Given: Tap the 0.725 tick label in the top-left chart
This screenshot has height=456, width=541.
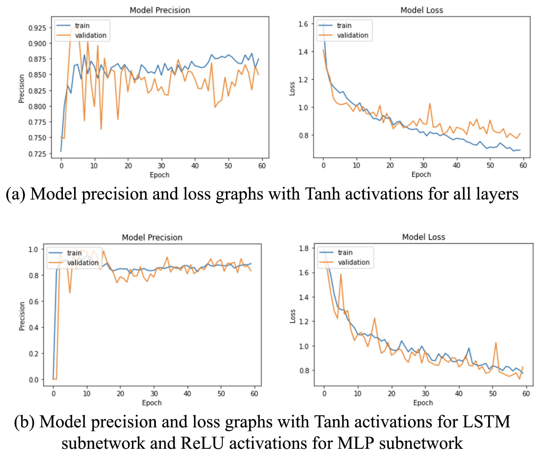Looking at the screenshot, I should [37, 154].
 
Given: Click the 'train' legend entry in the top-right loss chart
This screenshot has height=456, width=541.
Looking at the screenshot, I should [344, 25].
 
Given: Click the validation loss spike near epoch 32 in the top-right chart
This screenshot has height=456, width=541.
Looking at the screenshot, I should [430, 104].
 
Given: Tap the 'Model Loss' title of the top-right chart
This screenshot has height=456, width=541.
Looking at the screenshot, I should [422, 10].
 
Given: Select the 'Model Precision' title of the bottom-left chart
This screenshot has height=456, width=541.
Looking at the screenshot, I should [152, 237].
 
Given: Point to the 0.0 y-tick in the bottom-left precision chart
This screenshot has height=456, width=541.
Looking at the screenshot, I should [34, 380].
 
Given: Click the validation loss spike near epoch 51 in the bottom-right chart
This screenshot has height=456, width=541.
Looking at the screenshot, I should [496, 343].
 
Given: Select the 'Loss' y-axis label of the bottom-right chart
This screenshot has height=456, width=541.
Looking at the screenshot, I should [293, 316].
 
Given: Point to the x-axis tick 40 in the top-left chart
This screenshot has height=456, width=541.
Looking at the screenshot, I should [195, 166].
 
